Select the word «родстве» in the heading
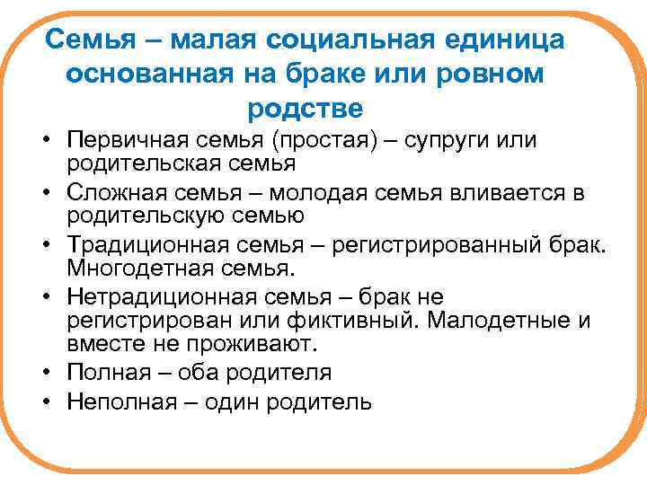(x=305, y=109)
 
